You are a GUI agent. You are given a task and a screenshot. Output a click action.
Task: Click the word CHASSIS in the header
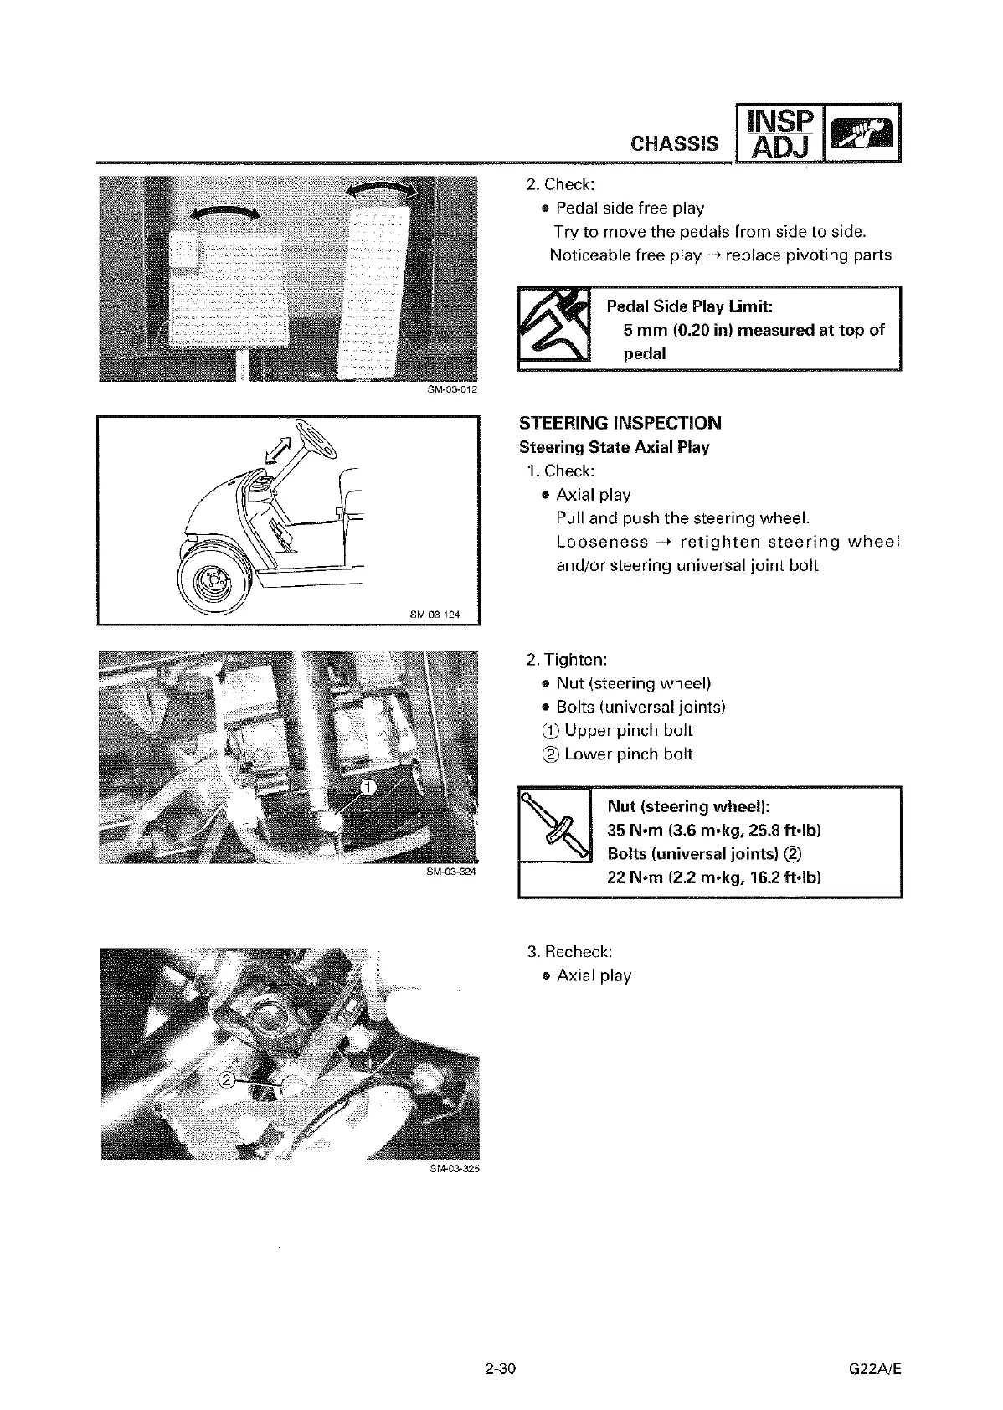[674, 143]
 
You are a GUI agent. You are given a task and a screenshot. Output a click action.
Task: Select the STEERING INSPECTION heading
[620, 423]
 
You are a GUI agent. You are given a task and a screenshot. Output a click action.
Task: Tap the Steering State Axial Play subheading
[614, 447]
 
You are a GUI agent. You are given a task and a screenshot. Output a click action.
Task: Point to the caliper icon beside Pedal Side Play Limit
[554, 327]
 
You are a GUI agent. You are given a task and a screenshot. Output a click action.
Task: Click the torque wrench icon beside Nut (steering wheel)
[554, 825]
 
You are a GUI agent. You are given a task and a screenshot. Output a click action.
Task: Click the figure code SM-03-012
[452, 389]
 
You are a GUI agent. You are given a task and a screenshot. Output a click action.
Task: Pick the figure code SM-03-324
[452, 872]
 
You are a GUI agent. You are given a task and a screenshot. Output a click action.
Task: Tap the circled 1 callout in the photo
[368, 785]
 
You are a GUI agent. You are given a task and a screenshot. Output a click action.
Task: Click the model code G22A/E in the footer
[875, 1370]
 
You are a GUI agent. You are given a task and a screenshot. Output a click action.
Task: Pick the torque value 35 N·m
[634, 831]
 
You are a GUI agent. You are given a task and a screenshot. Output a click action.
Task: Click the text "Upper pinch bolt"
[628, 730]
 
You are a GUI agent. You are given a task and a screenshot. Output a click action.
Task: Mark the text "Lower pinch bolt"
[628, 754]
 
